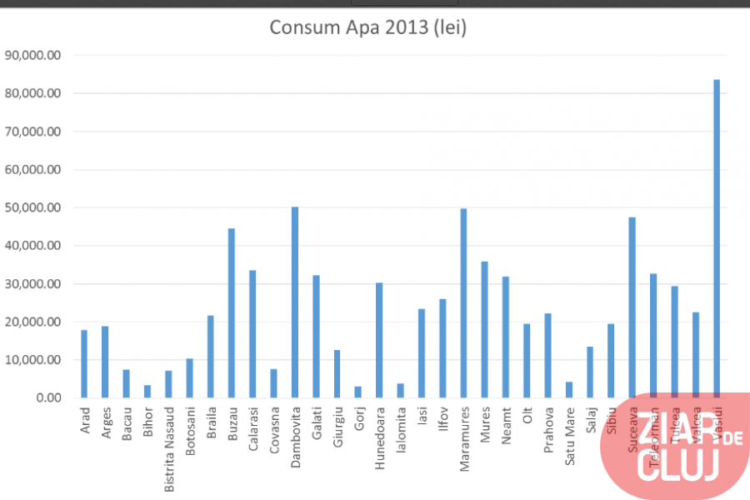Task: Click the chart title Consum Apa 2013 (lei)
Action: click(367, 27)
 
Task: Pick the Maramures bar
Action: click(463, 303)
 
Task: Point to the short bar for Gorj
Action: click(358, 392)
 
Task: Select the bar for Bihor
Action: click(147, 391)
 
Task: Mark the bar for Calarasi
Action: click(252, 334)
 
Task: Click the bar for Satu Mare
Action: click(569, 390)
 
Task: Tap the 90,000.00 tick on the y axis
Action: click(33, 56)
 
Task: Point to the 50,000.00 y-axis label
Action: click(33, 208)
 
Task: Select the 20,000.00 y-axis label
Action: click(33, 322)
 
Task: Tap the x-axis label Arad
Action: click(85, 420)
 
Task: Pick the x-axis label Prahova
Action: click(548, 427)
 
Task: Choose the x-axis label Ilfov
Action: click(442, 419)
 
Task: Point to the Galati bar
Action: click(317, 337)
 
